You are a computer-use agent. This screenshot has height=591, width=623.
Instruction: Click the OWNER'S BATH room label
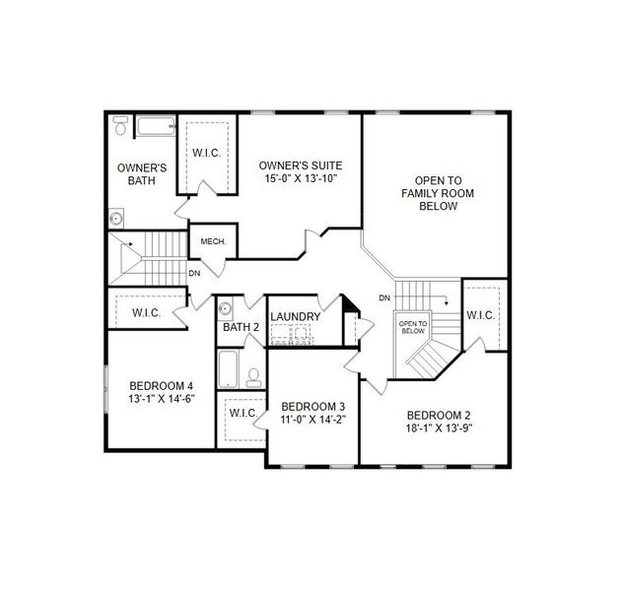click(x=141, y=174)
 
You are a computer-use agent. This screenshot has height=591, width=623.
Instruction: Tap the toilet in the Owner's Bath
click(x=120, y=125)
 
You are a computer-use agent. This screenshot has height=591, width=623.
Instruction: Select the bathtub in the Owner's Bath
click(x=156, y=126)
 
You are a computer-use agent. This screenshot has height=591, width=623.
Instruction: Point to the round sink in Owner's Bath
click(x=116, y=219)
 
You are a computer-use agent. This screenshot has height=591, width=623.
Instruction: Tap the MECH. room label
click(x=213, y=241)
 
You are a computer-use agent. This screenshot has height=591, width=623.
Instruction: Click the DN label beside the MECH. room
click(x=194, y=273)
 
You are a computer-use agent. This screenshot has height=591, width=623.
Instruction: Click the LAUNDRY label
click(x=295, y=316)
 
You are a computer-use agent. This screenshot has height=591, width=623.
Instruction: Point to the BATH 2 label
click(x=240, y=327)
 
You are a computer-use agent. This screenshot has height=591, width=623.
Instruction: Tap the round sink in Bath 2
click(x=225, y=306)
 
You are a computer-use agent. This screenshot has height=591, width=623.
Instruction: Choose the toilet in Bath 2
click(x=252, y=376)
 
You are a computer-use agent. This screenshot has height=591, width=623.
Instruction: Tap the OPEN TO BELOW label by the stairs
click(x=412, y=327)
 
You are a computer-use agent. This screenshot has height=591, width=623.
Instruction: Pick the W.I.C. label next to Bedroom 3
click(x=242, y=412)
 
